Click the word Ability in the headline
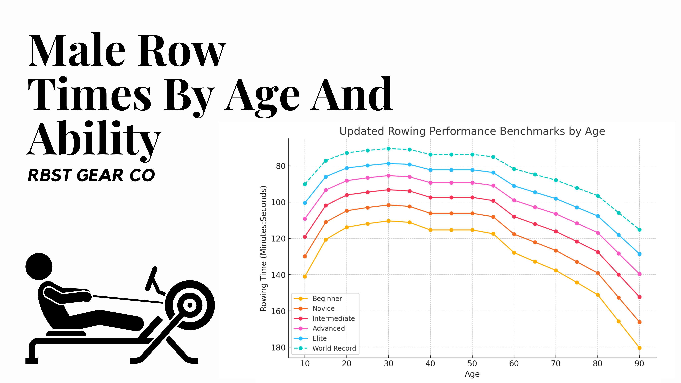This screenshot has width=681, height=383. [94, 139]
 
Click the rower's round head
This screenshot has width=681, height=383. [39, 267]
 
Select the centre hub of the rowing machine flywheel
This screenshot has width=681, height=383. [190, 305]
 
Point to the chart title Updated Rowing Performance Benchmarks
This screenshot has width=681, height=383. [472, 131]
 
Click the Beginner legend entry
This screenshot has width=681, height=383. [327, 298]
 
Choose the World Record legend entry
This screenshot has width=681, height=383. [334, 348]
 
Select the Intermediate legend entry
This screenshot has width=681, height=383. [333, 319]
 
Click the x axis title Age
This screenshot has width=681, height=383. [472, 374]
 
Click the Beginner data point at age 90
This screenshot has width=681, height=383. [639, 348]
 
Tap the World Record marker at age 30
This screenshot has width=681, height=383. [388, 149]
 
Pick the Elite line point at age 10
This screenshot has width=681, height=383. [305, 203]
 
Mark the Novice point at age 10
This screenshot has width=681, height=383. [305, 256]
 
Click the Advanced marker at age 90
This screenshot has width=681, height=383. [639, 274]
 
